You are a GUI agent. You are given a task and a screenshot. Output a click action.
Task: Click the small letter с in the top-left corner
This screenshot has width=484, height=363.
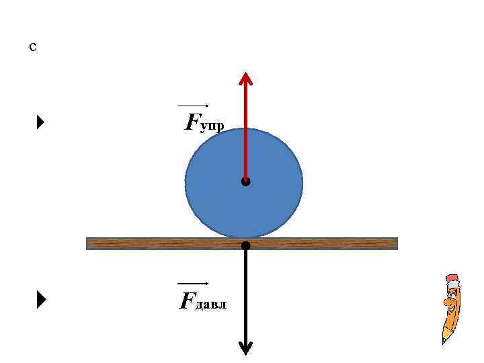click(x=33, y=48)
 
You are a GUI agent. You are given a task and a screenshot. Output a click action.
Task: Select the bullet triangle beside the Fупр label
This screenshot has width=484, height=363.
click(x=40, y=122)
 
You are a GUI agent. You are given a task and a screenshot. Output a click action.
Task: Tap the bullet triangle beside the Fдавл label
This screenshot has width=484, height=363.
click(x=40, y=300)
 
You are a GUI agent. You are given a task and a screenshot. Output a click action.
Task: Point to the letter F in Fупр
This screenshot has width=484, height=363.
click(x=192, y=122)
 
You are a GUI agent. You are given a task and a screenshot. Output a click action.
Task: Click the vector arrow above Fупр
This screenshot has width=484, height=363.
click(x=194, y=106)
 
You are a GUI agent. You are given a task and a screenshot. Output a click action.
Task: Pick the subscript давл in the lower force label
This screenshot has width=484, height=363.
click(x=211, y=305)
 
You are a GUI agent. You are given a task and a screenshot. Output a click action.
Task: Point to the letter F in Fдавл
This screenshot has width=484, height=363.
click(x=186, y=300)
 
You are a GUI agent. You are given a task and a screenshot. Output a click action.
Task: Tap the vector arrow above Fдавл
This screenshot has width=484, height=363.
click(x=194, y=284)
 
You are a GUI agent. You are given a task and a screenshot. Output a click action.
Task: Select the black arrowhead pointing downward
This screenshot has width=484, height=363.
click(x=246, y=348)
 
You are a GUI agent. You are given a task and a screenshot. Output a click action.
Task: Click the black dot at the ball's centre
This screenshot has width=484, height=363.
click(x=246, y=182)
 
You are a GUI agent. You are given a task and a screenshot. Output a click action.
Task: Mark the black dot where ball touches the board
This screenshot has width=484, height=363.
click(x=246, y=245)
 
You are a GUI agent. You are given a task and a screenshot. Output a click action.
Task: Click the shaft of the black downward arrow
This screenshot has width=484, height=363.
click(x=246, y=296)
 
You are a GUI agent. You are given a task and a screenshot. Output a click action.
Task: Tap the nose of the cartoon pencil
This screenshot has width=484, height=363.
click(x=446, y=302)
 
